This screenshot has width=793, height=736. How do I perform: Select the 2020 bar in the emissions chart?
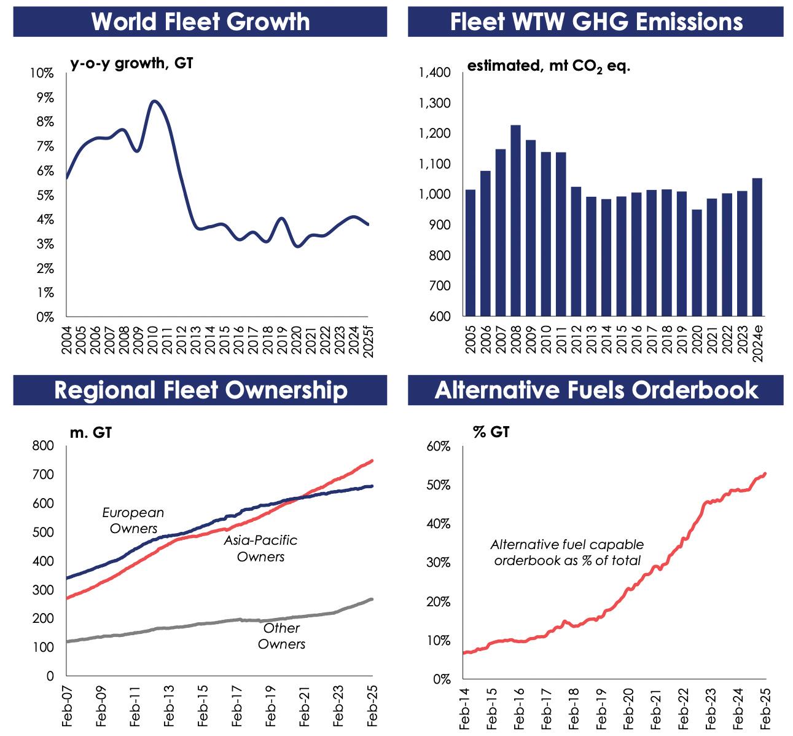696,263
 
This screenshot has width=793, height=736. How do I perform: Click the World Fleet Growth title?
200,22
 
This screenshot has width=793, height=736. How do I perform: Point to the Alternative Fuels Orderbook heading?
596,390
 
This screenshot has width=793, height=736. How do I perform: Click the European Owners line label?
133,520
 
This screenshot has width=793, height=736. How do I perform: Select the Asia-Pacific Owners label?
260,548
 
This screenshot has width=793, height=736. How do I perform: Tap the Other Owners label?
281,636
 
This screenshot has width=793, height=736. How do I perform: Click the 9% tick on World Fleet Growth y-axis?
45,98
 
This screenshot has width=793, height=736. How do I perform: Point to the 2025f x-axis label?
369,341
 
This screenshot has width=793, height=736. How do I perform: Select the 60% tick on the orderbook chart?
439,446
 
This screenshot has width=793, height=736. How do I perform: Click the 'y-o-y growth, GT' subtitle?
131,63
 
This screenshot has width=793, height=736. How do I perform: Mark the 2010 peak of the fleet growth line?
155,101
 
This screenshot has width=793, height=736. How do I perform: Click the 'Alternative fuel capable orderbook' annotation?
567,552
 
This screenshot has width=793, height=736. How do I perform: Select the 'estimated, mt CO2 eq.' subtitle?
549,66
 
